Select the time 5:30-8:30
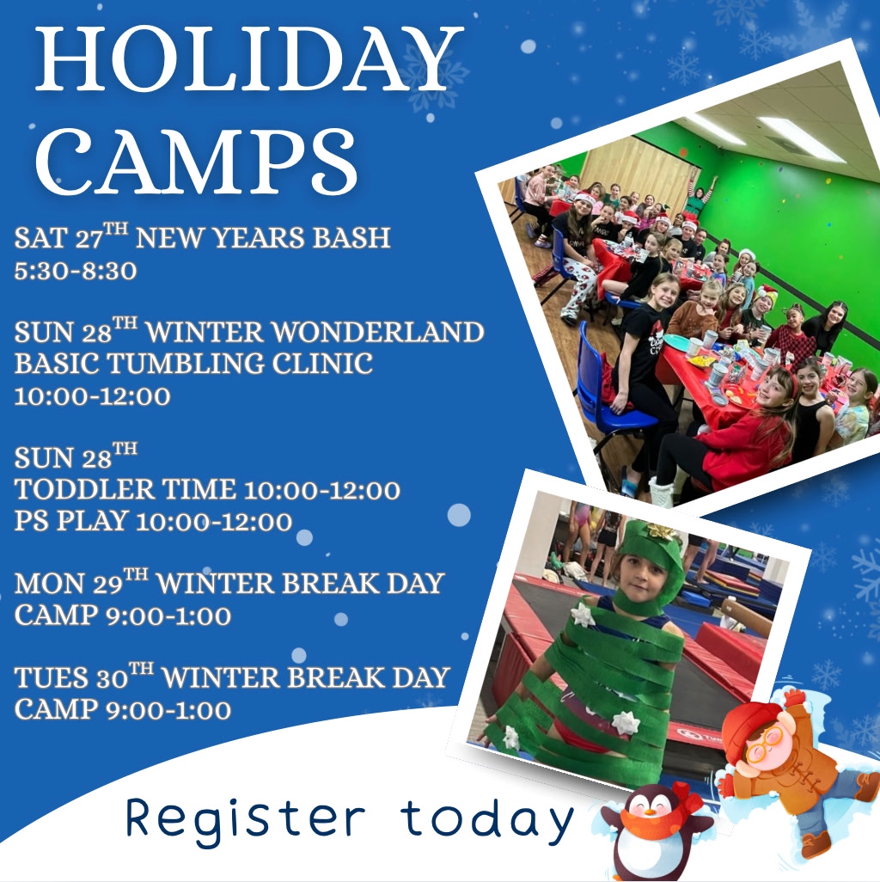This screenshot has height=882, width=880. point(76,272)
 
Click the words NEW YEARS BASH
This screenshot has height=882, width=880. point(263,237)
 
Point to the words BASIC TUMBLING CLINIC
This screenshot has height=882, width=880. point(193,364)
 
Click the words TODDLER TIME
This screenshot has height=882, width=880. point(125,490)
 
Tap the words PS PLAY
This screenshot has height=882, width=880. point(71,521)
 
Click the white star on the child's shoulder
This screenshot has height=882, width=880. point(584,614)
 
